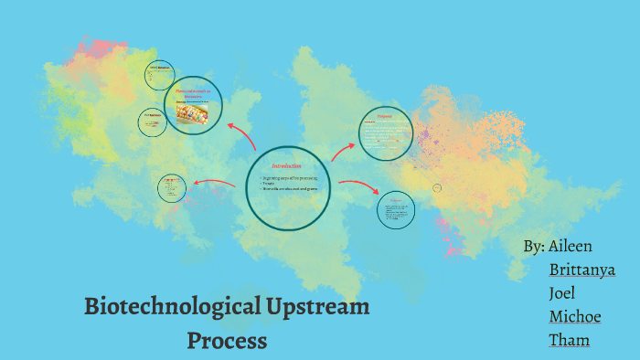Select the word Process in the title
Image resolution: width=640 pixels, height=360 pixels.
pos(227,341)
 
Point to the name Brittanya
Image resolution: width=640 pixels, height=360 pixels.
pos(581,270)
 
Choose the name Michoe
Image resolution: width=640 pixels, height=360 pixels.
pos(575,317)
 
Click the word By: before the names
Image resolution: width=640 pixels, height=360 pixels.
pos(534,247)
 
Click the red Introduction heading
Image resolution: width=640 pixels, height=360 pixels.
pos(286,165)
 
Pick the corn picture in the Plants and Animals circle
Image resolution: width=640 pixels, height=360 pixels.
pos(193,111)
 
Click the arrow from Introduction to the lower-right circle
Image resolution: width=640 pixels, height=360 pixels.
pos(358,186)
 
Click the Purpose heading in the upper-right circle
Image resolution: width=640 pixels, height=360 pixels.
pos(387,117)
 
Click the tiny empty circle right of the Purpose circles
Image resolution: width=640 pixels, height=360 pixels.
pos(437,187)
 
